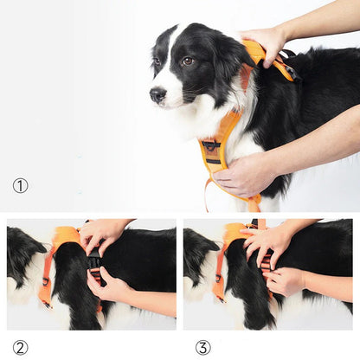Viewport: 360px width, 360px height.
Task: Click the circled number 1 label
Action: coord(20,185)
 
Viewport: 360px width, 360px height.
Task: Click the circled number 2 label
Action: coord(20,347)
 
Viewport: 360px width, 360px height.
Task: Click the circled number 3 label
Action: coord(202,347)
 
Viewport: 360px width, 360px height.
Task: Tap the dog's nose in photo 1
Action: coord(157,94)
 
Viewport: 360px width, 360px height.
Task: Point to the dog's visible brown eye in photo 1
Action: coord(187,61)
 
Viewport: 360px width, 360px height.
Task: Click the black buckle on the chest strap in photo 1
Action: coord(210,147)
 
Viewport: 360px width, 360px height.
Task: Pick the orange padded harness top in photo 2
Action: coord(65,235)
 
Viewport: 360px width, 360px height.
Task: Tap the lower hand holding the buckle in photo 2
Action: coord(109,286)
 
